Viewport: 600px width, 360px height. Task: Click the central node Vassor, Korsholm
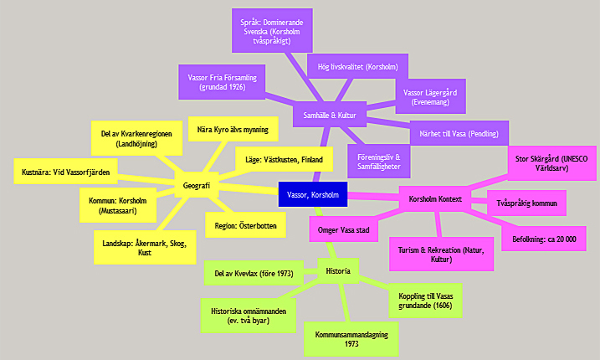(x=312, y=194)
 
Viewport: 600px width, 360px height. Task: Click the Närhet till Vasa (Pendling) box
(x=459, y=133)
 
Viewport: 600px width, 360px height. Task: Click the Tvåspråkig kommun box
(x=526, y=203)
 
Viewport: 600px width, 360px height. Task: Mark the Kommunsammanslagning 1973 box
(x=351, y=338)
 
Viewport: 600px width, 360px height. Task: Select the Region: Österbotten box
(x=245, y=224)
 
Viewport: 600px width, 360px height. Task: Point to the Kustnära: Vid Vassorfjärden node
(x=66, y=172)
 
